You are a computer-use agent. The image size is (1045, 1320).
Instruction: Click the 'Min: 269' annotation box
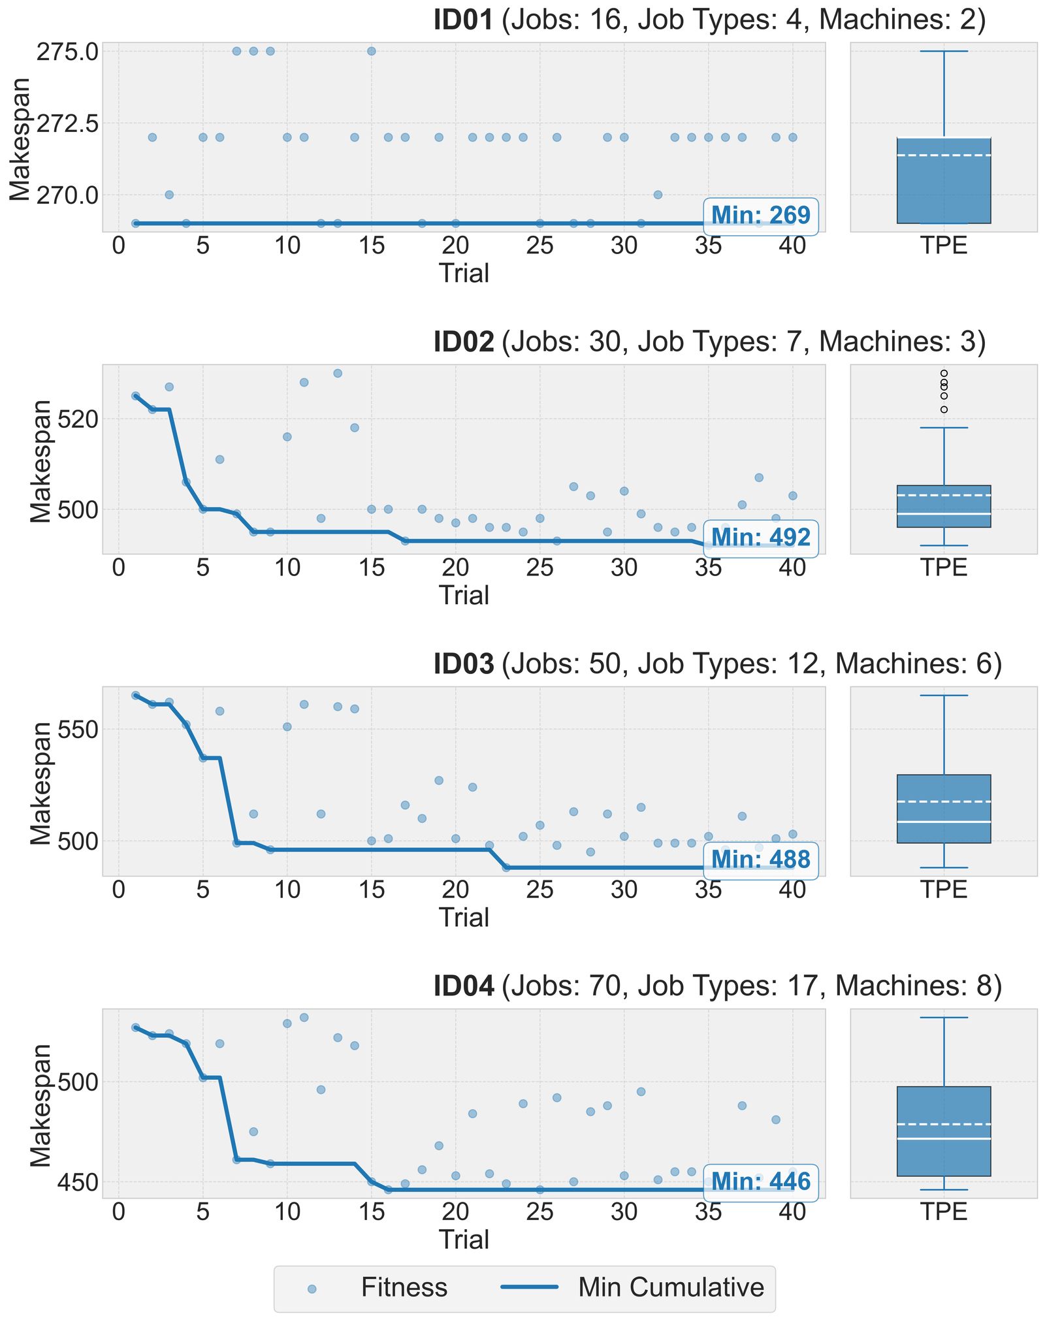click(x=760, y=215)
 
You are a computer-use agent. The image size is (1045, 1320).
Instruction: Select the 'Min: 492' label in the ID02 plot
click(x=760, y=538)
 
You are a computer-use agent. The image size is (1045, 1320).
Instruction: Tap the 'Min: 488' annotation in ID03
click(x=760, y=860)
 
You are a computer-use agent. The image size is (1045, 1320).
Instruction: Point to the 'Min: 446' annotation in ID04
click(x=760, y=1182)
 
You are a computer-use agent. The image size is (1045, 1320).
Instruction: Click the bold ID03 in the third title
click(x=463, y=664)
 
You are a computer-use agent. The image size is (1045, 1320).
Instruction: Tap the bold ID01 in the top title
click(x=463, y=20)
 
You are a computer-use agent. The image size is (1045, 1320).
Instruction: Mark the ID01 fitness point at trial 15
click(x=371, y=51)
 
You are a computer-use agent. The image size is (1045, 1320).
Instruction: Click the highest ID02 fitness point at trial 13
click(x=338, y=373)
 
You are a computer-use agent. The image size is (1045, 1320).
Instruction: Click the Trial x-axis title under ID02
click(x=464, y=595)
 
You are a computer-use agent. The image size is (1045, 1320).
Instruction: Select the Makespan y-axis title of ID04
click(x=40, y=1104)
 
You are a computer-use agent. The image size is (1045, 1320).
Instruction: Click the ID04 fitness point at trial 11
click(x=304, y=1017)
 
